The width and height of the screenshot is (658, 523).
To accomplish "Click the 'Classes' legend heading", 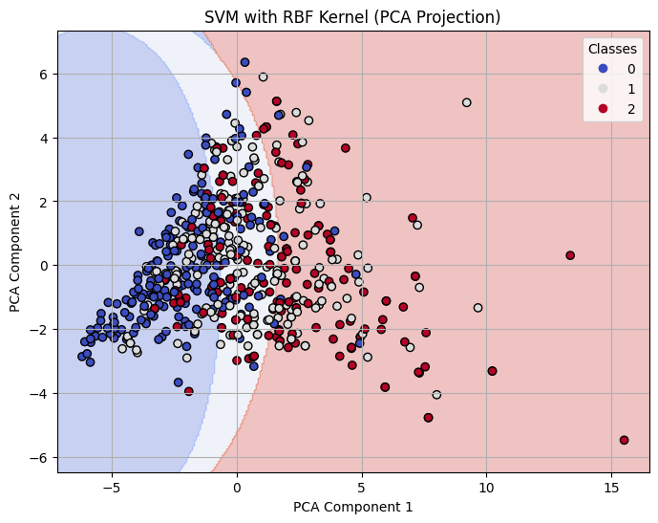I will (611, 49).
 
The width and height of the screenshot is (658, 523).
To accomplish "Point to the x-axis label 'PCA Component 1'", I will (353, 507).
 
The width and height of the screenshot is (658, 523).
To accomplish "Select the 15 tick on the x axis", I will (612, 485).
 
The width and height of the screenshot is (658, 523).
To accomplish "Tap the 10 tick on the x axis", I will (487, 485).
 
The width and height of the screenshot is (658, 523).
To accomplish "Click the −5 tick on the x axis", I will (112, 485).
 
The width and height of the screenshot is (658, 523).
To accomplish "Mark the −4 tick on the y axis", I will (40, 393).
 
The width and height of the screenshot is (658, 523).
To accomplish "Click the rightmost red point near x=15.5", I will (624, 440).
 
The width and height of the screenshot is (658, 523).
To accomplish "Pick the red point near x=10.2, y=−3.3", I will (492, 371).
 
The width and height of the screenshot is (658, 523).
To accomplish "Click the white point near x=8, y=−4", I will (436, 394).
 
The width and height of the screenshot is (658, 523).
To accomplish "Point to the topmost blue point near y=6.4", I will (244, 62).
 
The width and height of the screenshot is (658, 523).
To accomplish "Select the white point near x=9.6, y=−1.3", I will (478, 308).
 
